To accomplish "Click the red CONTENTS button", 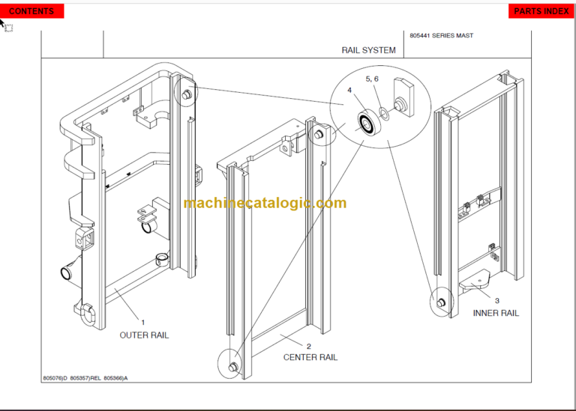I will [x=31, y=11].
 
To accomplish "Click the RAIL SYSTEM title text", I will [x=368, y=50].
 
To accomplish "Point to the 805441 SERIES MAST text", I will [x=442, y=35].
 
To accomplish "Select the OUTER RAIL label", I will [x=144, y=335].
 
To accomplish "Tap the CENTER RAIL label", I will [x=310, y=357].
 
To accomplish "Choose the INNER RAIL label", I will [x=496, y=313].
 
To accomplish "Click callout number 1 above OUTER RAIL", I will [x=143, y=323].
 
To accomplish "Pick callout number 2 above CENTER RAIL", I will [x=309, y=346].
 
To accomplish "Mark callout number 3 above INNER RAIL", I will [x=496, y=301].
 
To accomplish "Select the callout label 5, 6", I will [x=372, y=79].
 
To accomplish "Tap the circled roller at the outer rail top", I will [x=185, y=95].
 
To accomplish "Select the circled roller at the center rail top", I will [x=319, y=135].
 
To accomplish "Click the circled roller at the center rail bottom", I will [x=231, y=366].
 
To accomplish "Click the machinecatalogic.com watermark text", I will [x=265, y=203].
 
